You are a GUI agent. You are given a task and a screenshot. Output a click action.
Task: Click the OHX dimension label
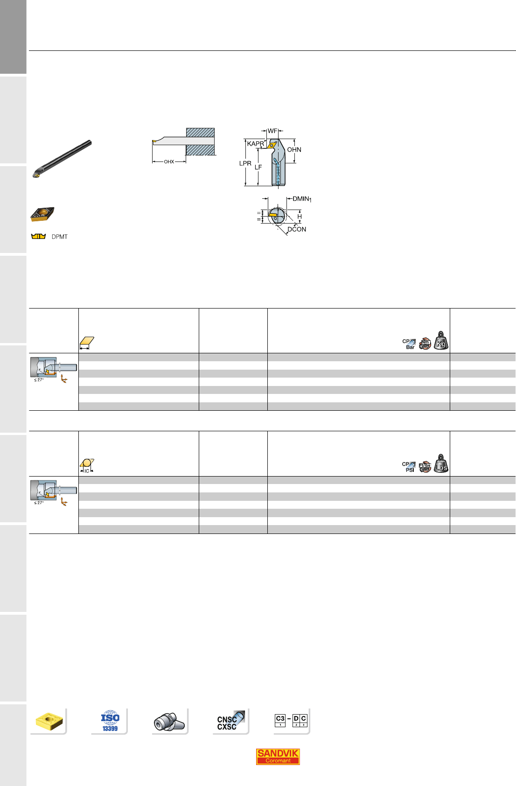point(169,162)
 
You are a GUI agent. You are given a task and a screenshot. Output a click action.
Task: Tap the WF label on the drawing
point(272,131)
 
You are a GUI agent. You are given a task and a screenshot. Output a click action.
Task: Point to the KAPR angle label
point(255,143)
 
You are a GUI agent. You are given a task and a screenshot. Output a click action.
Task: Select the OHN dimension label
point(294,149)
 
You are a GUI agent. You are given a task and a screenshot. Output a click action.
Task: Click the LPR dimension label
point(245,163)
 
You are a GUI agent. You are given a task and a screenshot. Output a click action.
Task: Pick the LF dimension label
point(258,168)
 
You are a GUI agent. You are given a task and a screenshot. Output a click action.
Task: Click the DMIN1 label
point(302,199)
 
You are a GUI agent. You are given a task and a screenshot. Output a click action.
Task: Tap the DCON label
point(297,229)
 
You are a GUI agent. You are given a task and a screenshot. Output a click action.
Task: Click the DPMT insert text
point(59,237)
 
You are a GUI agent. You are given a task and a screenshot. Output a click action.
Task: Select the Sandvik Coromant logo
point(278,756)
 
